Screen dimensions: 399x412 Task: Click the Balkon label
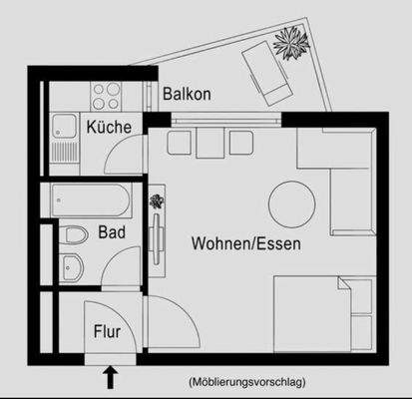pyautogui.click(x=187, y=95)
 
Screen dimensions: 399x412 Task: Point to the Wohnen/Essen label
pyautogui.click(x=246, y=242)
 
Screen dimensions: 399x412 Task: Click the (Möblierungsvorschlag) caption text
pyautogui.click(x=245, y=381)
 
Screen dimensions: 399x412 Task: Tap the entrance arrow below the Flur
pyautogui.click(x=110, y=376)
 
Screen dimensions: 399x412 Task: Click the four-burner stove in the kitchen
pyautogui.click(x=106, y=96)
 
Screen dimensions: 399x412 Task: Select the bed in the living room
pyautogui.click(x=322, y=312)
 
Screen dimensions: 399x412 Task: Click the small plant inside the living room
pyautogui.click(x=157, y=202)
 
